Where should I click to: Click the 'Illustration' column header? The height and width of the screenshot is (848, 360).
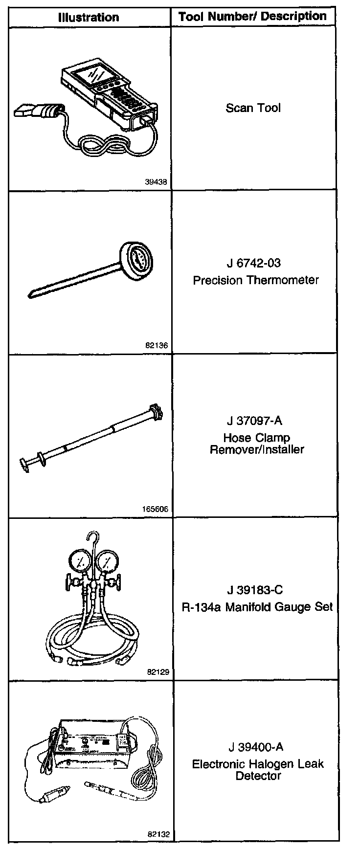[x=89, y=18]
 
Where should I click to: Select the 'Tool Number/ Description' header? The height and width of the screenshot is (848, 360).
[x=252, y=17]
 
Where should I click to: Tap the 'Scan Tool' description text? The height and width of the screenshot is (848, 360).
[x=253, y=108]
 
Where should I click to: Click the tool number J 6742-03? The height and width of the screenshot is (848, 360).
[x=253, y=264]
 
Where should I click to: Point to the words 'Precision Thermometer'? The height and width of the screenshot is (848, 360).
[x=256, y=280]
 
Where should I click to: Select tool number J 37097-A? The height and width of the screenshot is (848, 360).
[x=254, y=421]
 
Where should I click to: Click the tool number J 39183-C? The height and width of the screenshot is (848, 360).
[x=255, y=590]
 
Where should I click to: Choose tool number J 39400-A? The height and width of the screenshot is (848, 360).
[x=255, y=747]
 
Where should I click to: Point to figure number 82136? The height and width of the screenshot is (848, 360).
[x=157, y=345]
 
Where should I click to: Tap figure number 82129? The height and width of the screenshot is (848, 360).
[x=157, y=672]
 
